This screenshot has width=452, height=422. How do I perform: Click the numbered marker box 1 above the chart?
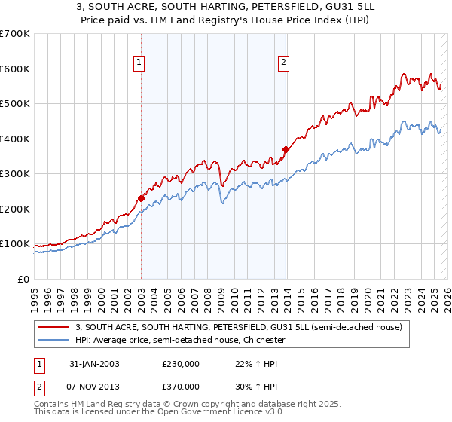click(x=140, y=63)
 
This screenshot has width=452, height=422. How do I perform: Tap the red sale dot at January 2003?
click(x=141, y=198)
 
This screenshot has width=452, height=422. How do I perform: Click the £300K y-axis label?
click(x=16, y=174)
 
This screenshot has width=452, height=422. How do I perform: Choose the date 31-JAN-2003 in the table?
click(x=94, y=364)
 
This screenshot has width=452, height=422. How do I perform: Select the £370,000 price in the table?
click(x=181, y=386)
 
